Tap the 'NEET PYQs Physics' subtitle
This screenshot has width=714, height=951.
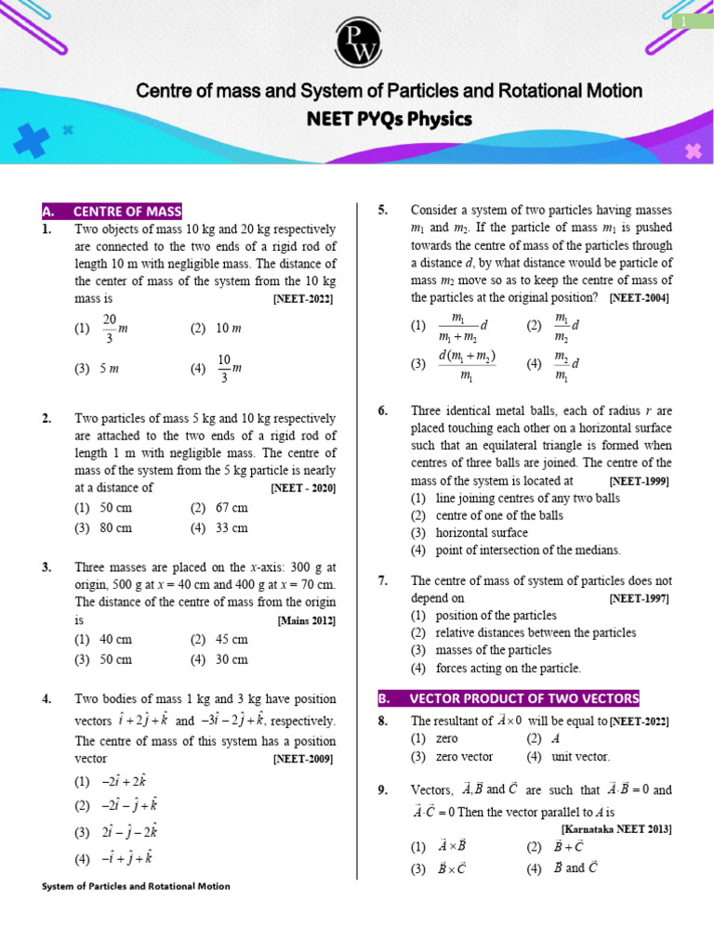click(390, 119)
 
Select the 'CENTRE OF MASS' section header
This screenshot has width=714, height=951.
click(112, 211)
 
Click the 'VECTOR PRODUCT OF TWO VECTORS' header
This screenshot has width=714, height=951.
click(509, 698)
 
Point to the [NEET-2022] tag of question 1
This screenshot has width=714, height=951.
click(303, 299)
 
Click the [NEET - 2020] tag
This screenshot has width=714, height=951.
click(303, 488)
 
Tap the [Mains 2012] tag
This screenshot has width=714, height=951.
click(307, 620)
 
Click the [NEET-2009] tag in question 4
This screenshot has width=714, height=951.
click(303, 759)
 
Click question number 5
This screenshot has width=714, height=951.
click(383, 211)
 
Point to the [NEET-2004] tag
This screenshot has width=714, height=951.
click(639, 298)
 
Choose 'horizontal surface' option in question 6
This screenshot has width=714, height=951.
click(469, 532)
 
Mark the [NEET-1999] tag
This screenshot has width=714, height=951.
click(639, 481)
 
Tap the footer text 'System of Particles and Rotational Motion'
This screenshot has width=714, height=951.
click(137, 886)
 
